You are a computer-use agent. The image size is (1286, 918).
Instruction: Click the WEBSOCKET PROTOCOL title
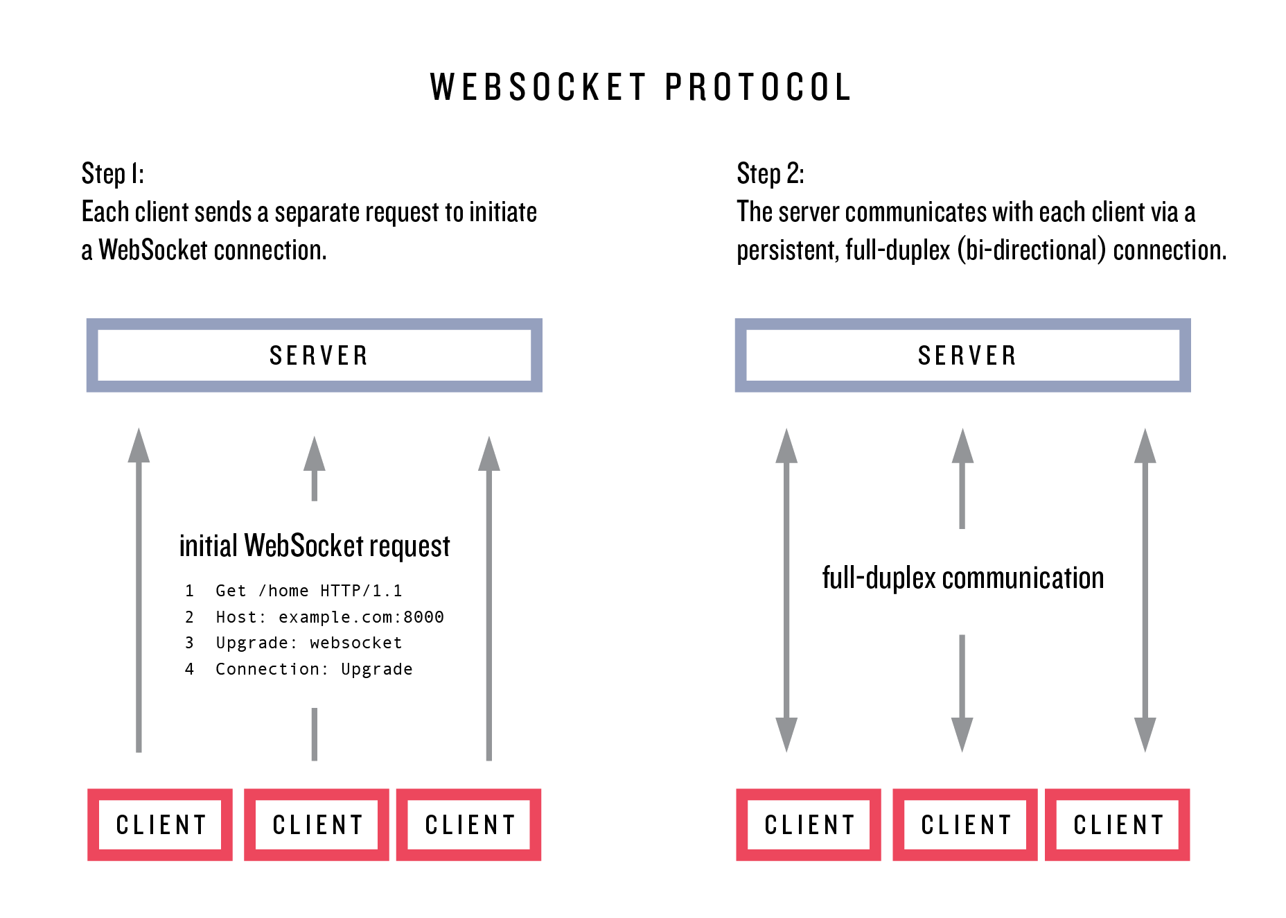click(640, 88)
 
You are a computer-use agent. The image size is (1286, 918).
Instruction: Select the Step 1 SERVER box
click(314, 355)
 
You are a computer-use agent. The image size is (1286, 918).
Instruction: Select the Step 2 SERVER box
click(962, 355)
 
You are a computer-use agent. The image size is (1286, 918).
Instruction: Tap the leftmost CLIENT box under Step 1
click(160, 824)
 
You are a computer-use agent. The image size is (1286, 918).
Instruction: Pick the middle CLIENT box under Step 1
click(317, 824)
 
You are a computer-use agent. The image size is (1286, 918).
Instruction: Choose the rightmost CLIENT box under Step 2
click(1118, 824)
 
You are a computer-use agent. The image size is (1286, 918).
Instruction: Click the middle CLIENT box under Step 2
click(965, 824)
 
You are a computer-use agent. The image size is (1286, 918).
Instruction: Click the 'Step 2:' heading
click(770, 173)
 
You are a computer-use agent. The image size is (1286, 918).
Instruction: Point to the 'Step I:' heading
click(113, 173)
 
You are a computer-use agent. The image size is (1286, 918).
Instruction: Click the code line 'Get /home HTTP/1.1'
click(308, 591)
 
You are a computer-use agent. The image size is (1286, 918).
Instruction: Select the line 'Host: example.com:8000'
click(330, 617)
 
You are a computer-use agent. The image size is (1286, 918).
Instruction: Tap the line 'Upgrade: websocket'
click(308, 643)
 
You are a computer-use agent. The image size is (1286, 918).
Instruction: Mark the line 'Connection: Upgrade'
click(314, 669)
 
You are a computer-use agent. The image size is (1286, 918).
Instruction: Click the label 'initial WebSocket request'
click(315, 546)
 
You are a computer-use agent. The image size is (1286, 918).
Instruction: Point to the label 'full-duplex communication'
click(962, 578)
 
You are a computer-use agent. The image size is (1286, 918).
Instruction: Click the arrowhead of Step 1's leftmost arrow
click(139, 446)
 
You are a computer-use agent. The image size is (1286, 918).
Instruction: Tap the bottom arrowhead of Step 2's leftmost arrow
click(786, 735)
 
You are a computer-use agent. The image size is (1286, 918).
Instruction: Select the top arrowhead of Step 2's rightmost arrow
click(1145, 446)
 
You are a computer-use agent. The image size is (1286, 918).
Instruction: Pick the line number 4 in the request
click(189, 669)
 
